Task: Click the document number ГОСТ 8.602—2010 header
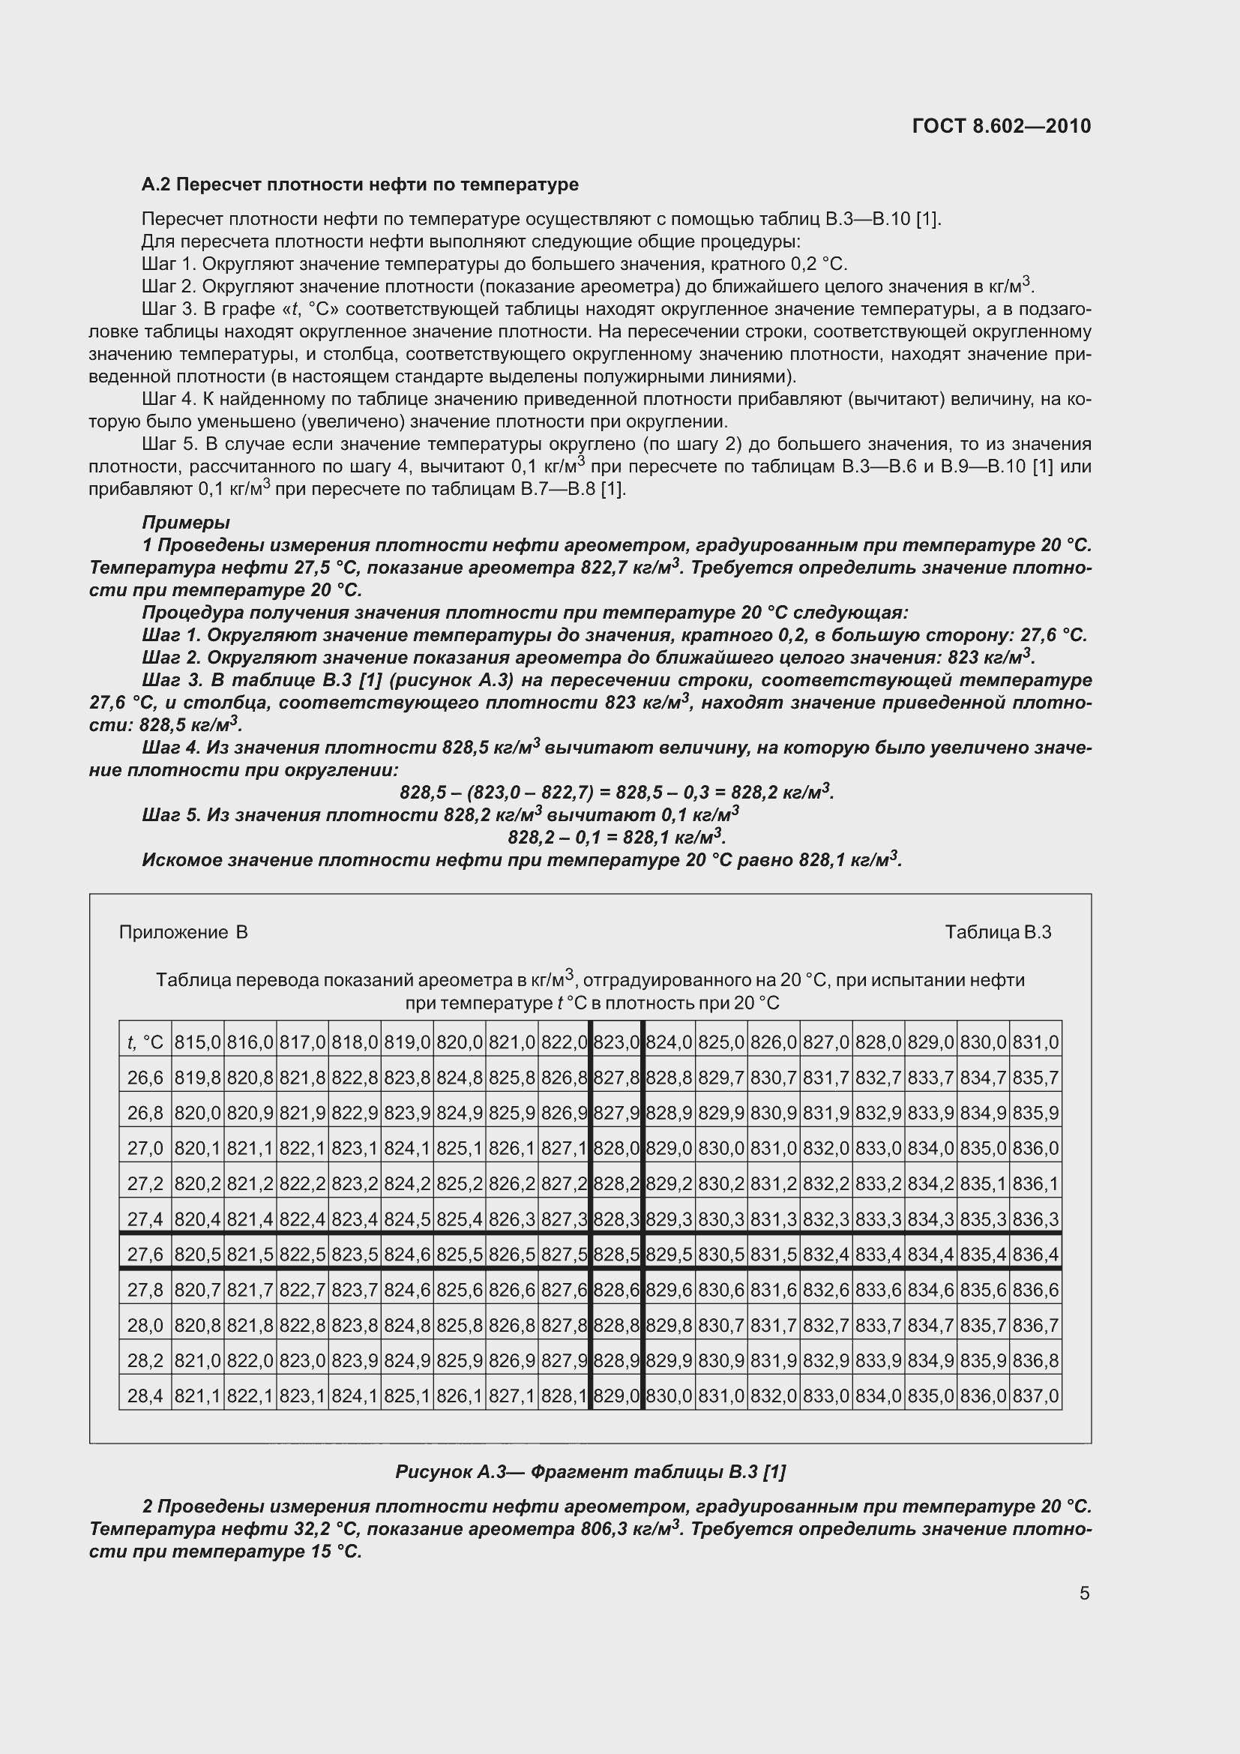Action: (x=1001, y=126)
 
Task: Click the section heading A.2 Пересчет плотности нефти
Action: (x=360, y=184)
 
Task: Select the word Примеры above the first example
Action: (x=185, y=523)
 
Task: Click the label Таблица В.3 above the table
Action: (x=998, y=932)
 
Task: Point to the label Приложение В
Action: (x=183, y=932)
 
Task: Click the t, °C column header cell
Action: (x=145, y=1042)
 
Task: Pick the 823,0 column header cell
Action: (x=616, y=1042)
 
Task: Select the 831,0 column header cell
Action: (x=1035, y=1042)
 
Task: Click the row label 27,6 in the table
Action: (x=145, y=1255)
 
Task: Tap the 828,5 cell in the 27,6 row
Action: (x=616, y=1255)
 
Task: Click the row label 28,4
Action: (x=145, y=1396)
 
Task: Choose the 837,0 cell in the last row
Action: (x=1035, y=1396)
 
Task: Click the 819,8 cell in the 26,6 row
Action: (x=197, y=1078)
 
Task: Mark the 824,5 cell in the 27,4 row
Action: (x=407, y=1219)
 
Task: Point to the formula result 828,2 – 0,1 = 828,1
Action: (x=616, y=838)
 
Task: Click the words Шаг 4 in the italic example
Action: (x=172, y=747)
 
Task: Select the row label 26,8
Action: (x=145, y=1113)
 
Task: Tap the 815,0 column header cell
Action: (x=197, y=1042)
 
